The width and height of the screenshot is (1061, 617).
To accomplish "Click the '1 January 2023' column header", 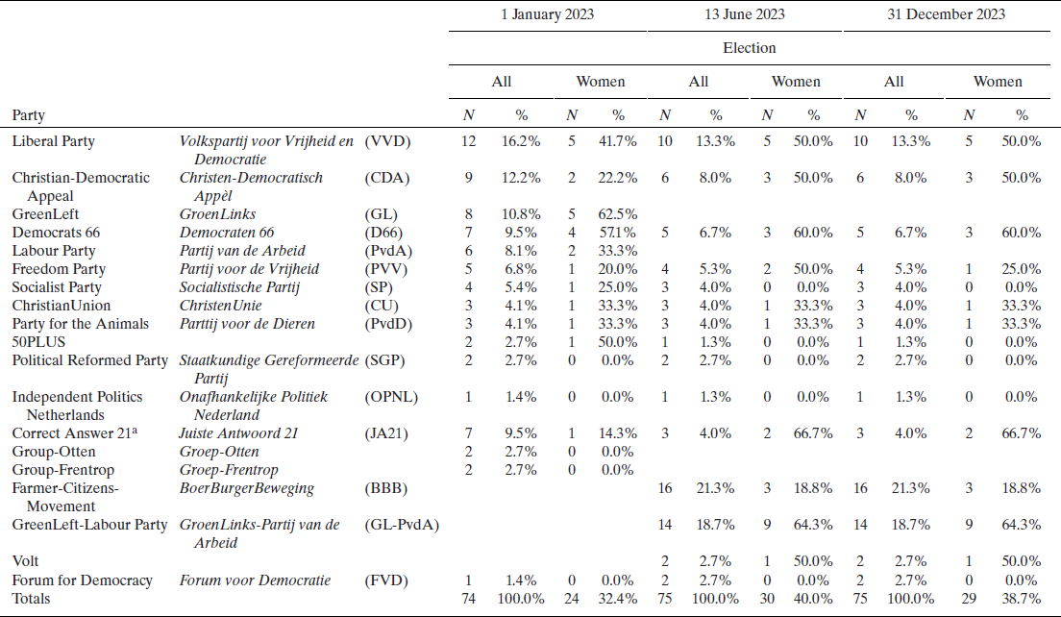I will pos(548,14).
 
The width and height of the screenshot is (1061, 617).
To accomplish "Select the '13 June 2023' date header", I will pos(745,14).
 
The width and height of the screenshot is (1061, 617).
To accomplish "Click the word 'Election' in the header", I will pos(749,47).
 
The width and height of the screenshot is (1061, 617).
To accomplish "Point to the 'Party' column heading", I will pos(28,115).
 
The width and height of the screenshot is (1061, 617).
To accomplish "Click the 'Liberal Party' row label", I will pos(53,141).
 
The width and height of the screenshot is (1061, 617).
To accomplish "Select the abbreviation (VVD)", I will pos(387,141).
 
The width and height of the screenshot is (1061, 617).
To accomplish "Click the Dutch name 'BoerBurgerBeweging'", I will pos(246,488).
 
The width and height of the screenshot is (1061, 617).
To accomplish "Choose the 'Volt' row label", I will pos(25,561).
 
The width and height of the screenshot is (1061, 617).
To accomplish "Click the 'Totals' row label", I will pos(30,598).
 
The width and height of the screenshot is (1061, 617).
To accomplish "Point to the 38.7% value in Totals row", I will pos(1020,598).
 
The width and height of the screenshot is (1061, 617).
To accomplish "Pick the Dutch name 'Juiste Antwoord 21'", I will pos(238,433).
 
